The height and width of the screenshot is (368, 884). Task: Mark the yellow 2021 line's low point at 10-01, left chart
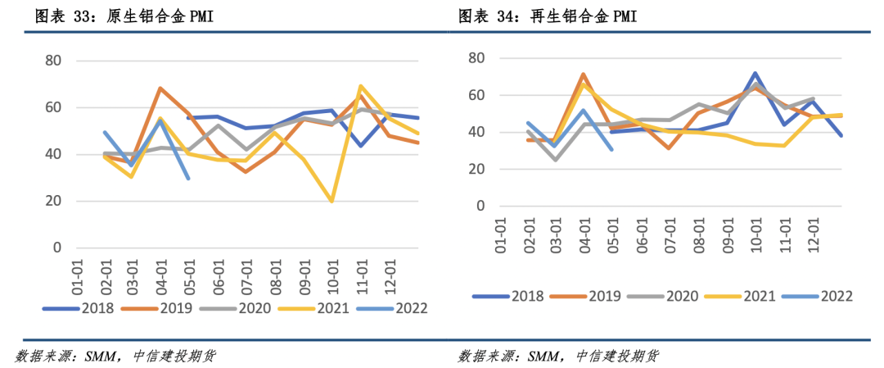click(331, 201)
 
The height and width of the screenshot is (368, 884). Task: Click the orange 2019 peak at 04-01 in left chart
click(160, 89)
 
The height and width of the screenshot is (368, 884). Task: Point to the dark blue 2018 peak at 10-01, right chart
click(755, 74)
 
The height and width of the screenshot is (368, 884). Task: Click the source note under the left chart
click(115, 356)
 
